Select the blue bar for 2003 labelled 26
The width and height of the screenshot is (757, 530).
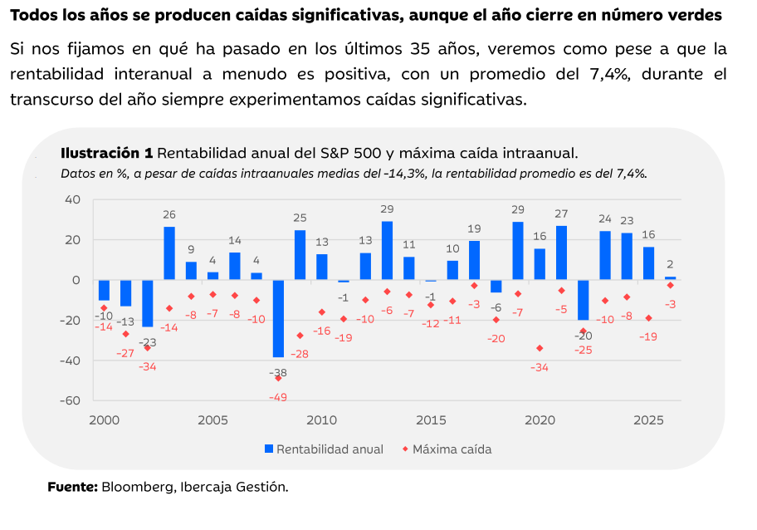point(169,253)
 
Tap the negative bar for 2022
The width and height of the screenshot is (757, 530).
point(584,300)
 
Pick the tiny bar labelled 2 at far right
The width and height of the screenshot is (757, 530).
point(670,278)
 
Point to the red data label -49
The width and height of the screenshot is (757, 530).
point(277,397)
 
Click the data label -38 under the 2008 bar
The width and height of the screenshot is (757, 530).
point(277,373)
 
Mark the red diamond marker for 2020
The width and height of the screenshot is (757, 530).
point(540,348)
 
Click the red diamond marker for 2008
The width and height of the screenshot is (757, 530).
point(278,378)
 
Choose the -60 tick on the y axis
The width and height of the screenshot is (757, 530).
point(71,400)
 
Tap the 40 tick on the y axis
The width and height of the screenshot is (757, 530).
point(72,199)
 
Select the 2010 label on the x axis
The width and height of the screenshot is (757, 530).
point(321,420)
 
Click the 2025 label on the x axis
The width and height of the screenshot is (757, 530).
point(648,420)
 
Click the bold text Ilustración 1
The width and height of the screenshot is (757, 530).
point(106,153)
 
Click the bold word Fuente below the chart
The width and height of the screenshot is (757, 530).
point(73,487)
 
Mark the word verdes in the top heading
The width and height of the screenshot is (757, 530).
point(694,15)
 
